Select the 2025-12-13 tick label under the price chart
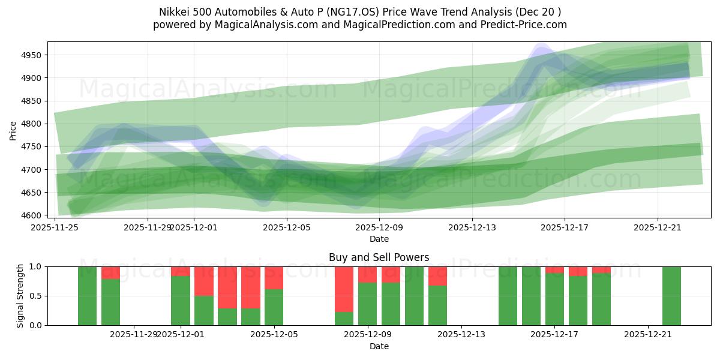(x=472, y=227)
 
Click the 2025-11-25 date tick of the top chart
(x=55, y=227)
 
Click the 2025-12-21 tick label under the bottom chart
(x=648, y=334)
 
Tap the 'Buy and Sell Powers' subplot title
(x=379, y=257)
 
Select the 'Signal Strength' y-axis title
(x=20, y=296)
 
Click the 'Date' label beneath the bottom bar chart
(x=379, y=346)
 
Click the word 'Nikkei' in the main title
(x=173, y=12)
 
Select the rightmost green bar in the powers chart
(x=671, y=296)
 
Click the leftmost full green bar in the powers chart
(x=87, y=296)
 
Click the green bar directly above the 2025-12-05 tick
(x=274, y=307)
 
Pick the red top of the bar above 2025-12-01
(x=180, y=271)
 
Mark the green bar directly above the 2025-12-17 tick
(x=554, y=300)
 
